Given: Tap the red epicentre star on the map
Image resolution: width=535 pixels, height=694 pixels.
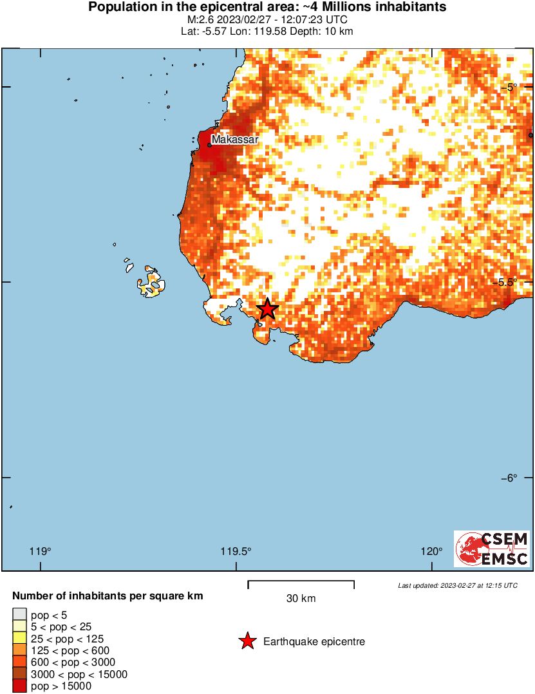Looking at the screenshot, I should (x=267, y=310).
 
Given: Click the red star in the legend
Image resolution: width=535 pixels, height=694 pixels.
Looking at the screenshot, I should (x=247, y=641).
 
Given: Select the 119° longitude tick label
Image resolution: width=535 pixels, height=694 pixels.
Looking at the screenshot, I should (x=41, y=551).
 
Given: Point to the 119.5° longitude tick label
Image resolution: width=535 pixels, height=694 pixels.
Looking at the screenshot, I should (x=236, y=551).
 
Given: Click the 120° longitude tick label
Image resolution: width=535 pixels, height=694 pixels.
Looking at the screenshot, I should (x=431, y=551).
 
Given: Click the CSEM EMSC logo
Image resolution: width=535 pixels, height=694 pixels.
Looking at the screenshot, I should (x=493, y=549).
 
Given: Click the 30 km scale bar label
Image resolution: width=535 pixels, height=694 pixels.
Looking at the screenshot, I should (x=301, y=599).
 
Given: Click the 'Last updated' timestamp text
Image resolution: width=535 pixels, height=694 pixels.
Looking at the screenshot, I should (x=457, y=585).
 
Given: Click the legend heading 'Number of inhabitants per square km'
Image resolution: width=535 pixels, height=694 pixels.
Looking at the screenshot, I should (x=108, y=596).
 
